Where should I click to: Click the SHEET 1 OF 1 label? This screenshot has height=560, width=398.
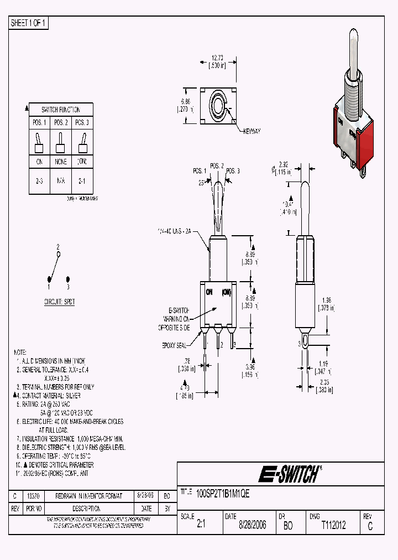point(29,23)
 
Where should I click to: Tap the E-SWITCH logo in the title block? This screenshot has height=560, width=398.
point(289,474)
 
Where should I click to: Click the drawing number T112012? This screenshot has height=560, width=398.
point(333,525)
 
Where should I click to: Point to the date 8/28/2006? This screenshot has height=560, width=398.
point(252,525)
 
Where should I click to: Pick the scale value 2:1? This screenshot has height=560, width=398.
point(201,525)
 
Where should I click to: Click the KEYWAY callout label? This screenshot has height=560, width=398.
point(250,131)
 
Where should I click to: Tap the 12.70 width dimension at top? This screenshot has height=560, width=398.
point(217,59)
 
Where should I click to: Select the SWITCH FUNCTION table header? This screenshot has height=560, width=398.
point(61,110)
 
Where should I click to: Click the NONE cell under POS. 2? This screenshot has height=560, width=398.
point(61,162)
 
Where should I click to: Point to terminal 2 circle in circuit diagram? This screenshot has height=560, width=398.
point(59,253)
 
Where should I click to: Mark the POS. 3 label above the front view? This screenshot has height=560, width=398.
point(233,171)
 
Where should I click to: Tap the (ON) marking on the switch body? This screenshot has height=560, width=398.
point(227,292)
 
